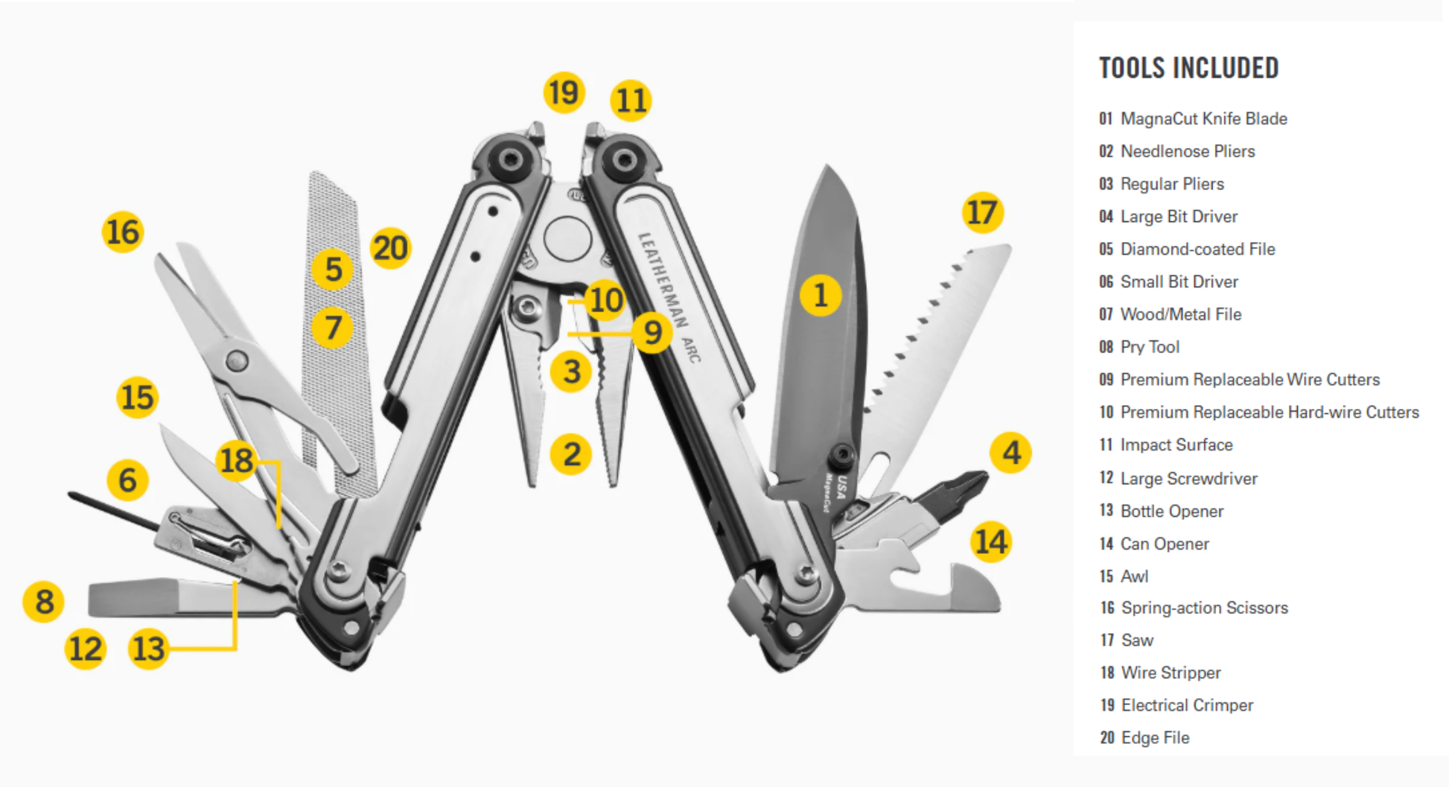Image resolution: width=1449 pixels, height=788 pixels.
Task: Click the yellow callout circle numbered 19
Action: (564, 93)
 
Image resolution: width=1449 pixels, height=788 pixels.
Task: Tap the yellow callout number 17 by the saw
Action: (982, 212)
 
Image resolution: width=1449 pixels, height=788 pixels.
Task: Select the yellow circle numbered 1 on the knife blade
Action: (821, 295)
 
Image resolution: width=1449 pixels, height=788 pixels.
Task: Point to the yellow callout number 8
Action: (44, 602)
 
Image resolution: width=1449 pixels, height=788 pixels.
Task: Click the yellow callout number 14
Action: (991, 541)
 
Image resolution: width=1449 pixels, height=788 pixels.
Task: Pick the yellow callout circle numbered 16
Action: (123, 232)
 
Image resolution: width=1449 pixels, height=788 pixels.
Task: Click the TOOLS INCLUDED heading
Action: (1188, 68)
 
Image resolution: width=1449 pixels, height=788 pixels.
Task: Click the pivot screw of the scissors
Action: (237, 361)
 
